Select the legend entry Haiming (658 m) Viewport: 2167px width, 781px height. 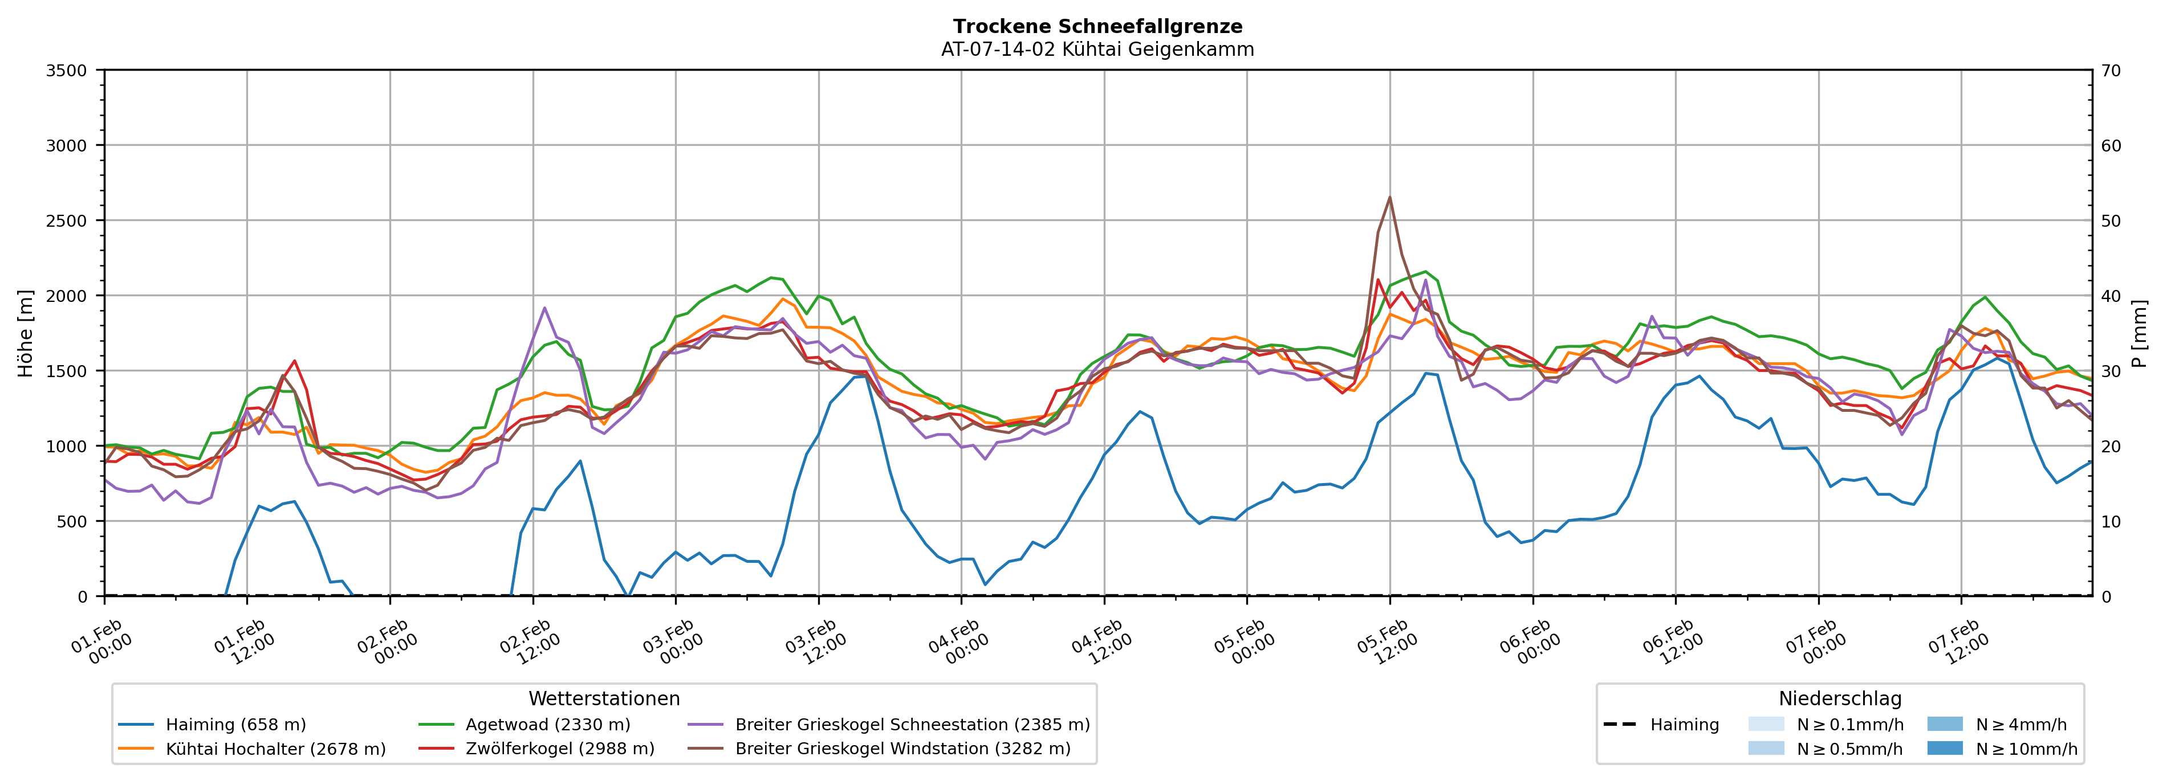click(235, 725)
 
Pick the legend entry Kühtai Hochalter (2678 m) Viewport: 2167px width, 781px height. click(275, 749)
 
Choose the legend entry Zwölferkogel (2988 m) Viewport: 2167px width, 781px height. click(559, 749)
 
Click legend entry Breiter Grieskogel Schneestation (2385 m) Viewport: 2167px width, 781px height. click(912, 725)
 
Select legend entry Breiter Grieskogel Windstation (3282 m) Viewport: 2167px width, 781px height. click(902, 749)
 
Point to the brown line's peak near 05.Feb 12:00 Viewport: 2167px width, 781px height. click(1390, 198)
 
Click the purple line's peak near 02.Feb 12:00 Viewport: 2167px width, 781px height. click(544, 308)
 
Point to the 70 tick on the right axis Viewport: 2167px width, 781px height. click(2112, 71)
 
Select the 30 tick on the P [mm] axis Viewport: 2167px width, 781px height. click(2112, 371)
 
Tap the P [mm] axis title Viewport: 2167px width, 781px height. click(2140, 334)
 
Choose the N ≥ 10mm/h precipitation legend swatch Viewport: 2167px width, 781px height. click(1945, 748)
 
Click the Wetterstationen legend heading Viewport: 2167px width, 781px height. click(604, 698)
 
